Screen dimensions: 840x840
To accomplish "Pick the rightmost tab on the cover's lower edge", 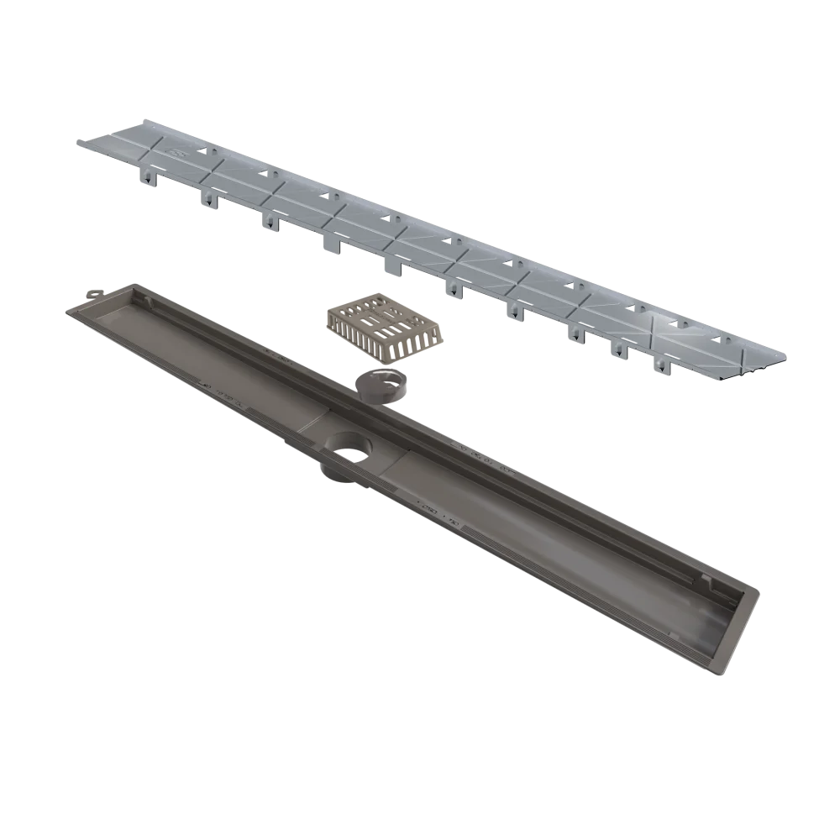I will pos(661,367).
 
